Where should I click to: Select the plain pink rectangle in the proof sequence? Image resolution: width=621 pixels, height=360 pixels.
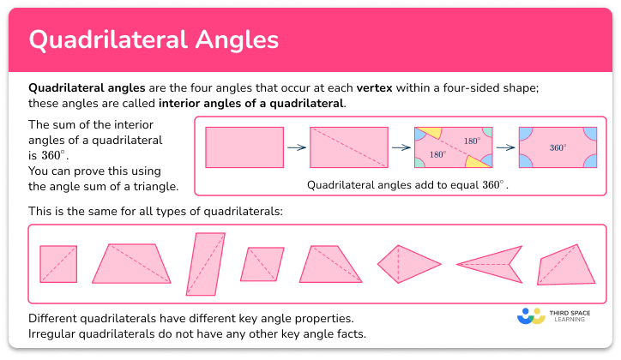point(244,147)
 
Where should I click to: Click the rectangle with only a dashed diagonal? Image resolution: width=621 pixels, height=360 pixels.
point(349,147)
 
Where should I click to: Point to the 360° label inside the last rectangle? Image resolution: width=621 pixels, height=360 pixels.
point(558,147)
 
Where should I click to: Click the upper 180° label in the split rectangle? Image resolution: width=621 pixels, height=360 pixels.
point(472,141)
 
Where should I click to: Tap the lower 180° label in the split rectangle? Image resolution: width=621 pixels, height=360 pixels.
point(437,155)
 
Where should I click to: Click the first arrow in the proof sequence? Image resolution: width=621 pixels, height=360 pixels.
point(297,147)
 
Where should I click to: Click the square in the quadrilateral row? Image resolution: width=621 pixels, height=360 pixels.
point(58,264)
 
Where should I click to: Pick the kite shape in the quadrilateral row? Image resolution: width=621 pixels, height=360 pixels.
point(408,263)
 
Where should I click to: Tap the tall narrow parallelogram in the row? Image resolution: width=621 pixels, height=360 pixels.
point(203,263)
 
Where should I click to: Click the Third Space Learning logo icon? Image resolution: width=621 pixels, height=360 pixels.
point(532,316)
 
